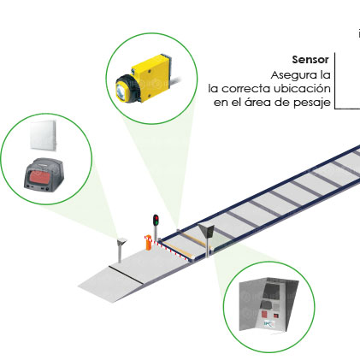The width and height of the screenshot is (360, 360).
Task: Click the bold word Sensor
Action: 310,60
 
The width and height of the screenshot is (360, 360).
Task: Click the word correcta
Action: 246,89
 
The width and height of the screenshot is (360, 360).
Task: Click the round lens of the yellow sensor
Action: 121,91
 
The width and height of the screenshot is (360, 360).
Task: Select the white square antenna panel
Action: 44,135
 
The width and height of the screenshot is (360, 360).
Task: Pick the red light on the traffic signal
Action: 156,218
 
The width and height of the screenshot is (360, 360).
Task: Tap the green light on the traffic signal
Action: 156,221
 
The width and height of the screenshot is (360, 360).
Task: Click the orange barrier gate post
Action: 148,243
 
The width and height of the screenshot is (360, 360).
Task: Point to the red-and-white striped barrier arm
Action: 168,249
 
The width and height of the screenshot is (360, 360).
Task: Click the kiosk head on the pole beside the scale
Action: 206,230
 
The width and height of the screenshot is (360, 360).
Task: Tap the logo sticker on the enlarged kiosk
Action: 269,324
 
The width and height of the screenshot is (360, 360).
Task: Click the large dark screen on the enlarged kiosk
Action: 271,292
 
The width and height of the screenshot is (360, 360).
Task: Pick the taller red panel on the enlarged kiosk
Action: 265,315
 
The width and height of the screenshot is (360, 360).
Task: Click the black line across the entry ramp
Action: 127,274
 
